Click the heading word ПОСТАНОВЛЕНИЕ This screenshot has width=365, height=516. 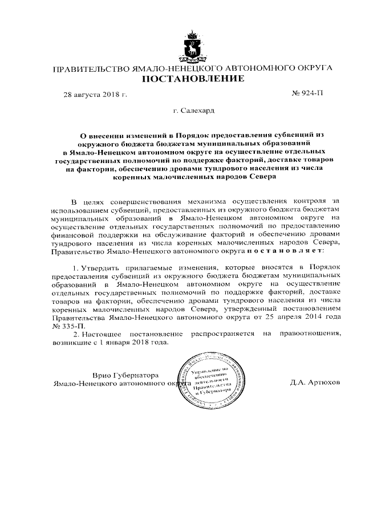(x=192, y=78)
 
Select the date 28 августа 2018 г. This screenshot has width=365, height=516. (x=95, y=93)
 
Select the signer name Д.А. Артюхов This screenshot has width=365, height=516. (x=315, y=383)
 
